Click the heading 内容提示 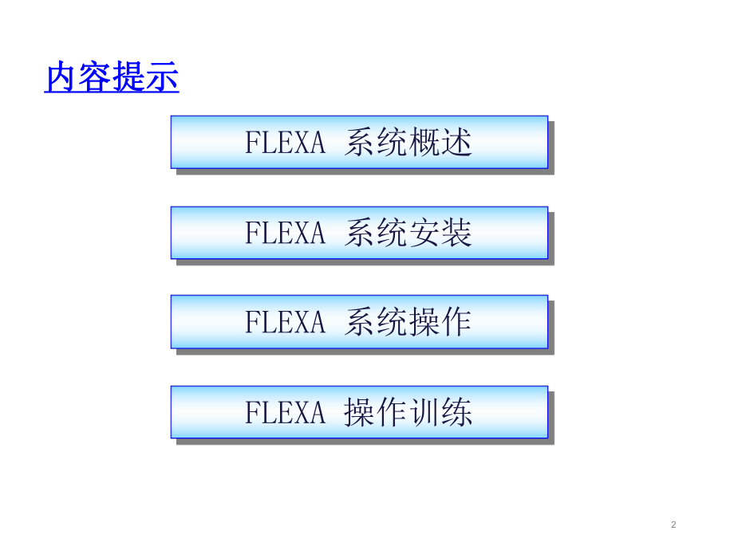point(112,78)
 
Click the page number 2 point(673,524)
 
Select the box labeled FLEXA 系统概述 point(359,142)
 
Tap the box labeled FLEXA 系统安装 point(359,233)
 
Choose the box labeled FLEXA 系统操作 point(359,322)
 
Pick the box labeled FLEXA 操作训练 point(359,413)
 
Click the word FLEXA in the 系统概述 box point(285,143)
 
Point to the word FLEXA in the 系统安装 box point(285,234)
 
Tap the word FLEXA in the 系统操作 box point(285,323)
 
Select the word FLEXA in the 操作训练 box point(285,414)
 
